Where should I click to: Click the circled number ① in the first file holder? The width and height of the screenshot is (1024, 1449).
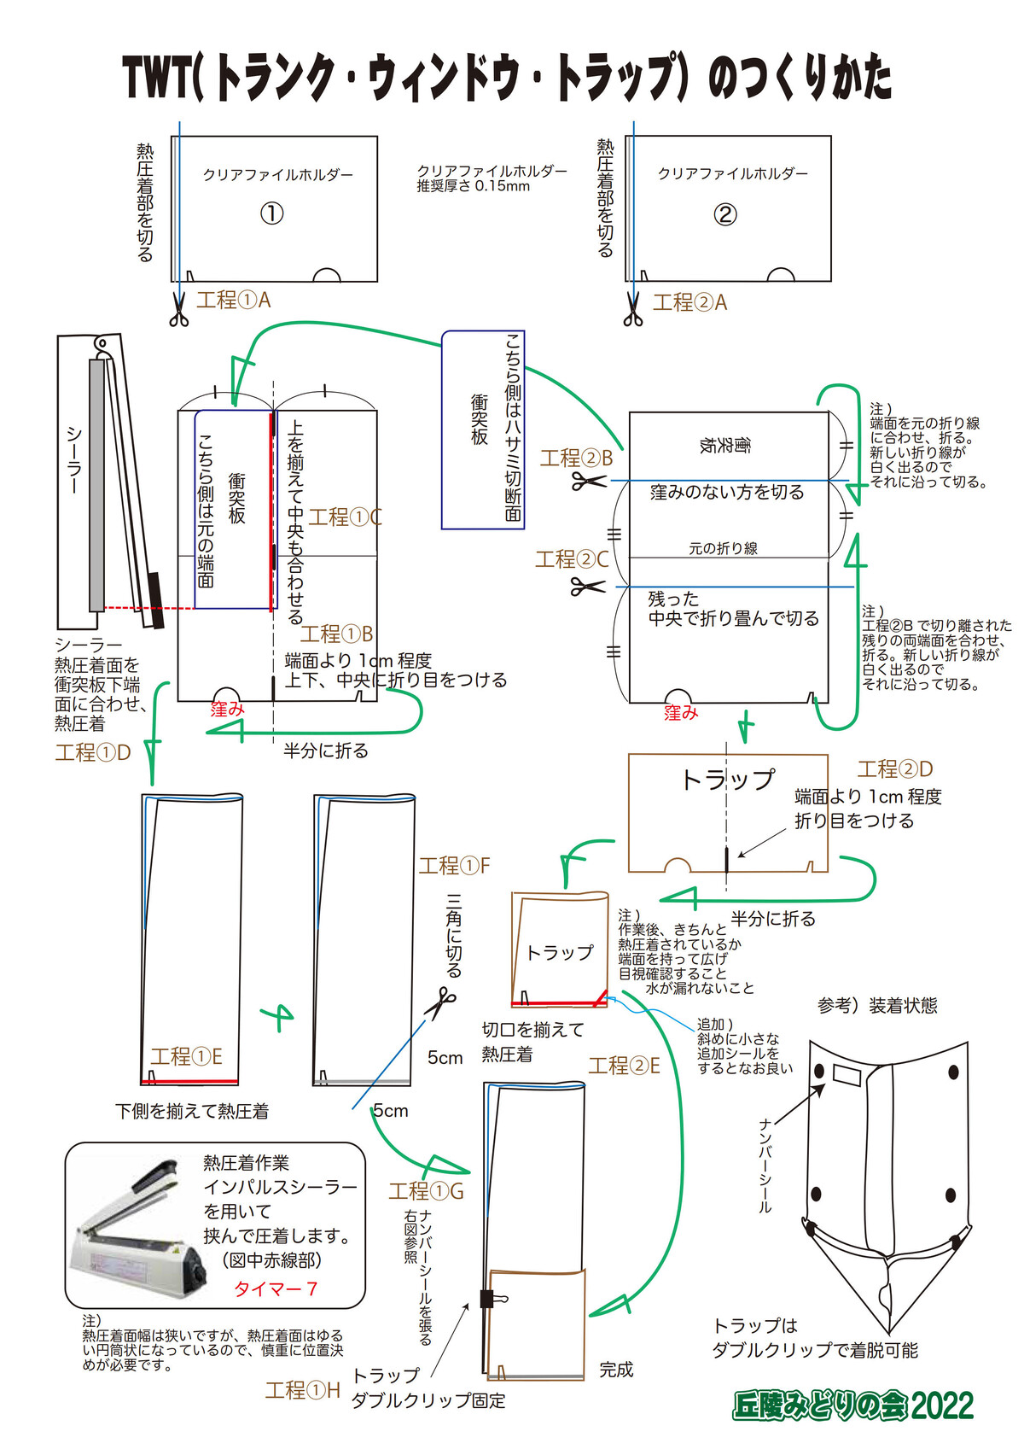point(271,213)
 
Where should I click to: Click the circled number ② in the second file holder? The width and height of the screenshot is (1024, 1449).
point(724,213)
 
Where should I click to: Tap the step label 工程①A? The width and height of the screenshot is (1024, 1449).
point(233,300)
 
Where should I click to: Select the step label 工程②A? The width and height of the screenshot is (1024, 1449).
point(689,302)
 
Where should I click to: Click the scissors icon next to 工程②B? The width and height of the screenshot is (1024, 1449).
point(588,481)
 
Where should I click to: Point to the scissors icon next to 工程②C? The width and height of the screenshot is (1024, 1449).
point(587,587)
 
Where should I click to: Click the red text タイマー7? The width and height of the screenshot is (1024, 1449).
point(275,1288)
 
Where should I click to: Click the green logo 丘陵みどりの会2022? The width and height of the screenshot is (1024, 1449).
point(852,1405)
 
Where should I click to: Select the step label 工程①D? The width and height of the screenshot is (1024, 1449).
point(92,752)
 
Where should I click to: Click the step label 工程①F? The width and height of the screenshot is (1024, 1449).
point(454,866)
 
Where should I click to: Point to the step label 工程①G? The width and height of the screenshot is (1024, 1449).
point(426,1191)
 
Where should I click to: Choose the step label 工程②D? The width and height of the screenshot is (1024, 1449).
point(895,769)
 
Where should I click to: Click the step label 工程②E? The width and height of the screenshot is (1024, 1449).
point(624,1066)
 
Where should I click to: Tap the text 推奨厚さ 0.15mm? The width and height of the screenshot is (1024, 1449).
point(473,186)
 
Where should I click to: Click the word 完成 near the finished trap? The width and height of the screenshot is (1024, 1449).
point(616,1370)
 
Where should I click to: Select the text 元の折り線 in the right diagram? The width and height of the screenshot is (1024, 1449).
point(723,548)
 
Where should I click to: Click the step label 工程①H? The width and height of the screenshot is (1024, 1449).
point(302,1391)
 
